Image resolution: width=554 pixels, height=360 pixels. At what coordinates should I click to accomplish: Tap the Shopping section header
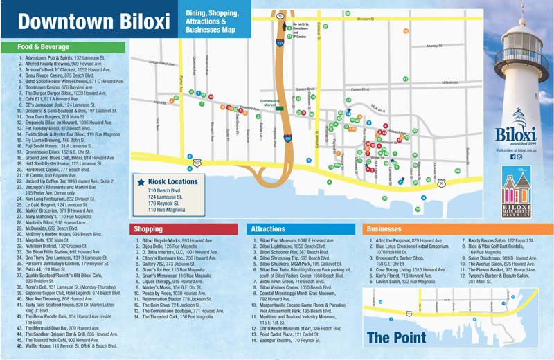(x=148, y=228)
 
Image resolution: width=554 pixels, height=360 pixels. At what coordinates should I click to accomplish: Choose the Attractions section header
(x=268, y=228)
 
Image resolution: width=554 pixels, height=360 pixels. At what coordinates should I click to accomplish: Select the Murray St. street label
(x=434, y=46)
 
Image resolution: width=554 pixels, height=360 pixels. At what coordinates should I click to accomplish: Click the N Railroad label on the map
(x=449, y=82)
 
